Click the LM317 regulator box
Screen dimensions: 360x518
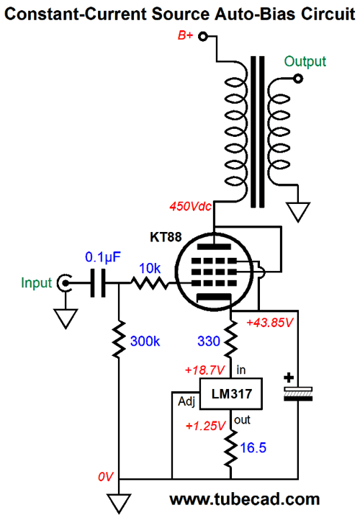(231, 394)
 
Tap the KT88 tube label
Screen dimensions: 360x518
(166, 237)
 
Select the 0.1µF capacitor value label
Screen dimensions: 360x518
(103, 257)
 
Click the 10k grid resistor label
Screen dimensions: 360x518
(150, 268)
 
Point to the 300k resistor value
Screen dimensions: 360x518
(145, 341)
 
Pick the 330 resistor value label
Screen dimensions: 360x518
(209, 341)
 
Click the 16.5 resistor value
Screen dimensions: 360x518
(253, 447)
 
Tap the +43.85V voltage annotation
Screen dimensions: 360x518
(270, 323)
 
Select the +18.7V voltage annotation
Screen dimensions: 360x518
(205, 370)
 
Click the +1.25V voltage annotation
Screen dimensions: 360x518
(205, 426)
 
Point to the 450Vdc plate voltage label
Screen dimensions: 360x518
(190, 207)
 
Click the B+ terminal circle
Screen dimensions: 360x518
(203, 36)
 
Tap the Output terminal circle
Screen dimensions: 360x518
(298, 79)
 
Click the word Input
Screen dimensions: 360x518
(36, 283)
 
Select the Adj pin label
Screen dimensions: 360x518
(186, 402)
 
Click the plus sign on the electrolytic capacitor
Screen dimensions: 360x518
(289, 378)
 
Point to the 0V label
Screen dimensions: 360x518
(105, 477)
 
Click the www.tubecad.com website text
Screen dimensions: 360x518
(244, 499)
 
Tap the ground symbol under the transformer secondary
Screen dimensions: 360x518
(298, 212)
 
